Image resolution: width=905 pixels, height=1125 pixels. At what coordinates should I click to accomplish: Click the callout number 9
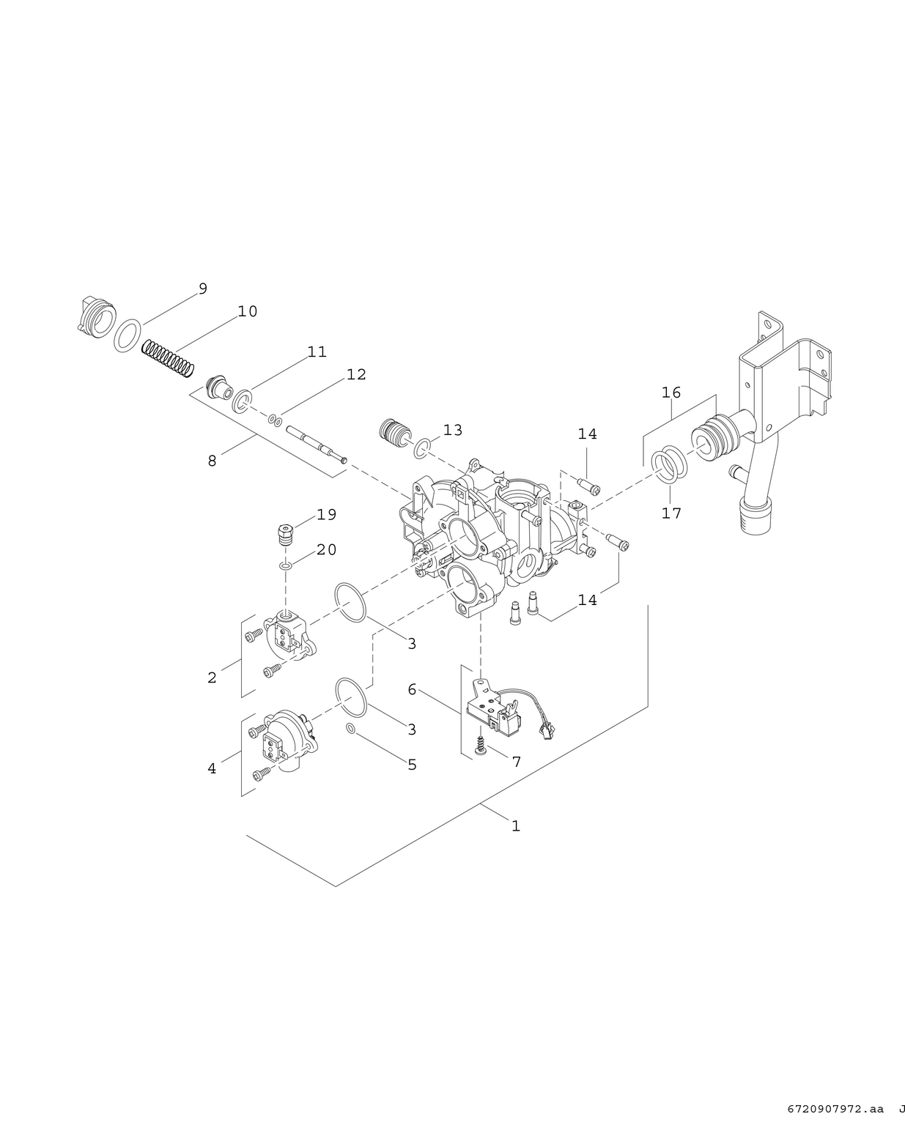click(203, 289)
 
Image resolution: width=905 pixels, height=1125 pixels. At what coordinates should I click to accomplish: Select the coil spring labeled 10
click(168, 357)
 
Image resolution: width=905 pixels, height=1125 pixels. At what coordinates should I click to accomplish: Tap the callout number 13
click(453, 430)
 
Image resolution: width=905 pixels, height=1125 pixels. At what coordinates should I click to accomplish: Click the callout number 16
click(671, 393)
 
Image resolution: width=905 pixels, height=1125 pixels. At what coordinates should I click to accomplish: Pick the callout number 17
click(671, 513)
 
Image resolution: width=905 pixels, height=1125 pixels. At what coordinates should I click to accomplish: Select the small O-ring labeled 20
click(286, 566)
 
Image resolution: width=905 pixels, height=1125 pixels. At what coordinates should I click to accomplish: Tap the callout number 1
click(516, 825)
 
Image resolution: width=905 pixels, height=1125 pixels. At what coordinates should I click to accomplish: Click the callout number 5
click(412, 765)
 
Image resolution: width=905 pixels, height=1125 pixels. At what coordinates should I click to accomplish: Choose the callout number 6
click(412, 689)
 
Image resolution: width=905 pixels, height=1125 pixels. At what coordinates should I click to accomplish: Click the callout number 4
click(212, 768)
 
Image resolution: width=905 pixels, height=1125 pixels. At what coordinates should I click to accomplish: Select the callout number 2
click(212, 677)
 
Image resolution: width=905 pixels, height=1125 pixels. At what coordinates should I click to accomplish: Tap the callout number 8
click(212, 461)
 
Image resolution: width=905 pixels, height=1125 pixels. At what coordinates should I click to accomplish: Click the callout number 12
click(356, 374)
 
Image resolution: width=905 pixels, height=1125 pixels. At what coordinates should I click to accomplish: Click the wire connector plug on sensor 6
click(547, 729)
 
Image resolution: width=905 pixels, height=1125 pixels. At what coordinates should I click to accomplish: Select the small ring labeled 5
click(351, 729)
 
